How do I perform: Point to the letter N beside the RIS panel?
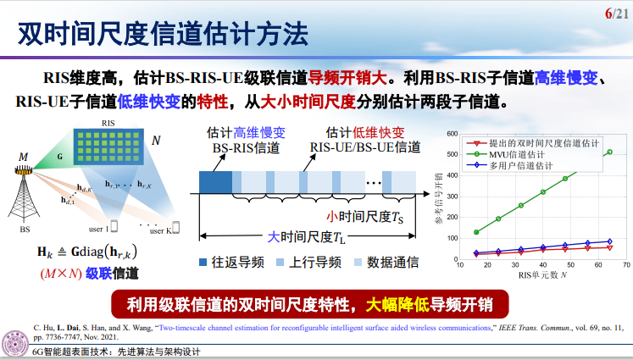click(x=155, y=139)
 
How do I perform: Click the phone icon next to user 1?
click(x=114, y=227)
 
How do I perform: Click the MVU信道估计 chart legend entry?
click(x=525, y=154)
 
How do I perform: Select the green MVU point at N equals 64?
click(x=609, y=152)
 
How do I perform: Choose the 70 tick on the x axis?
click(x=626, y=264)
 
